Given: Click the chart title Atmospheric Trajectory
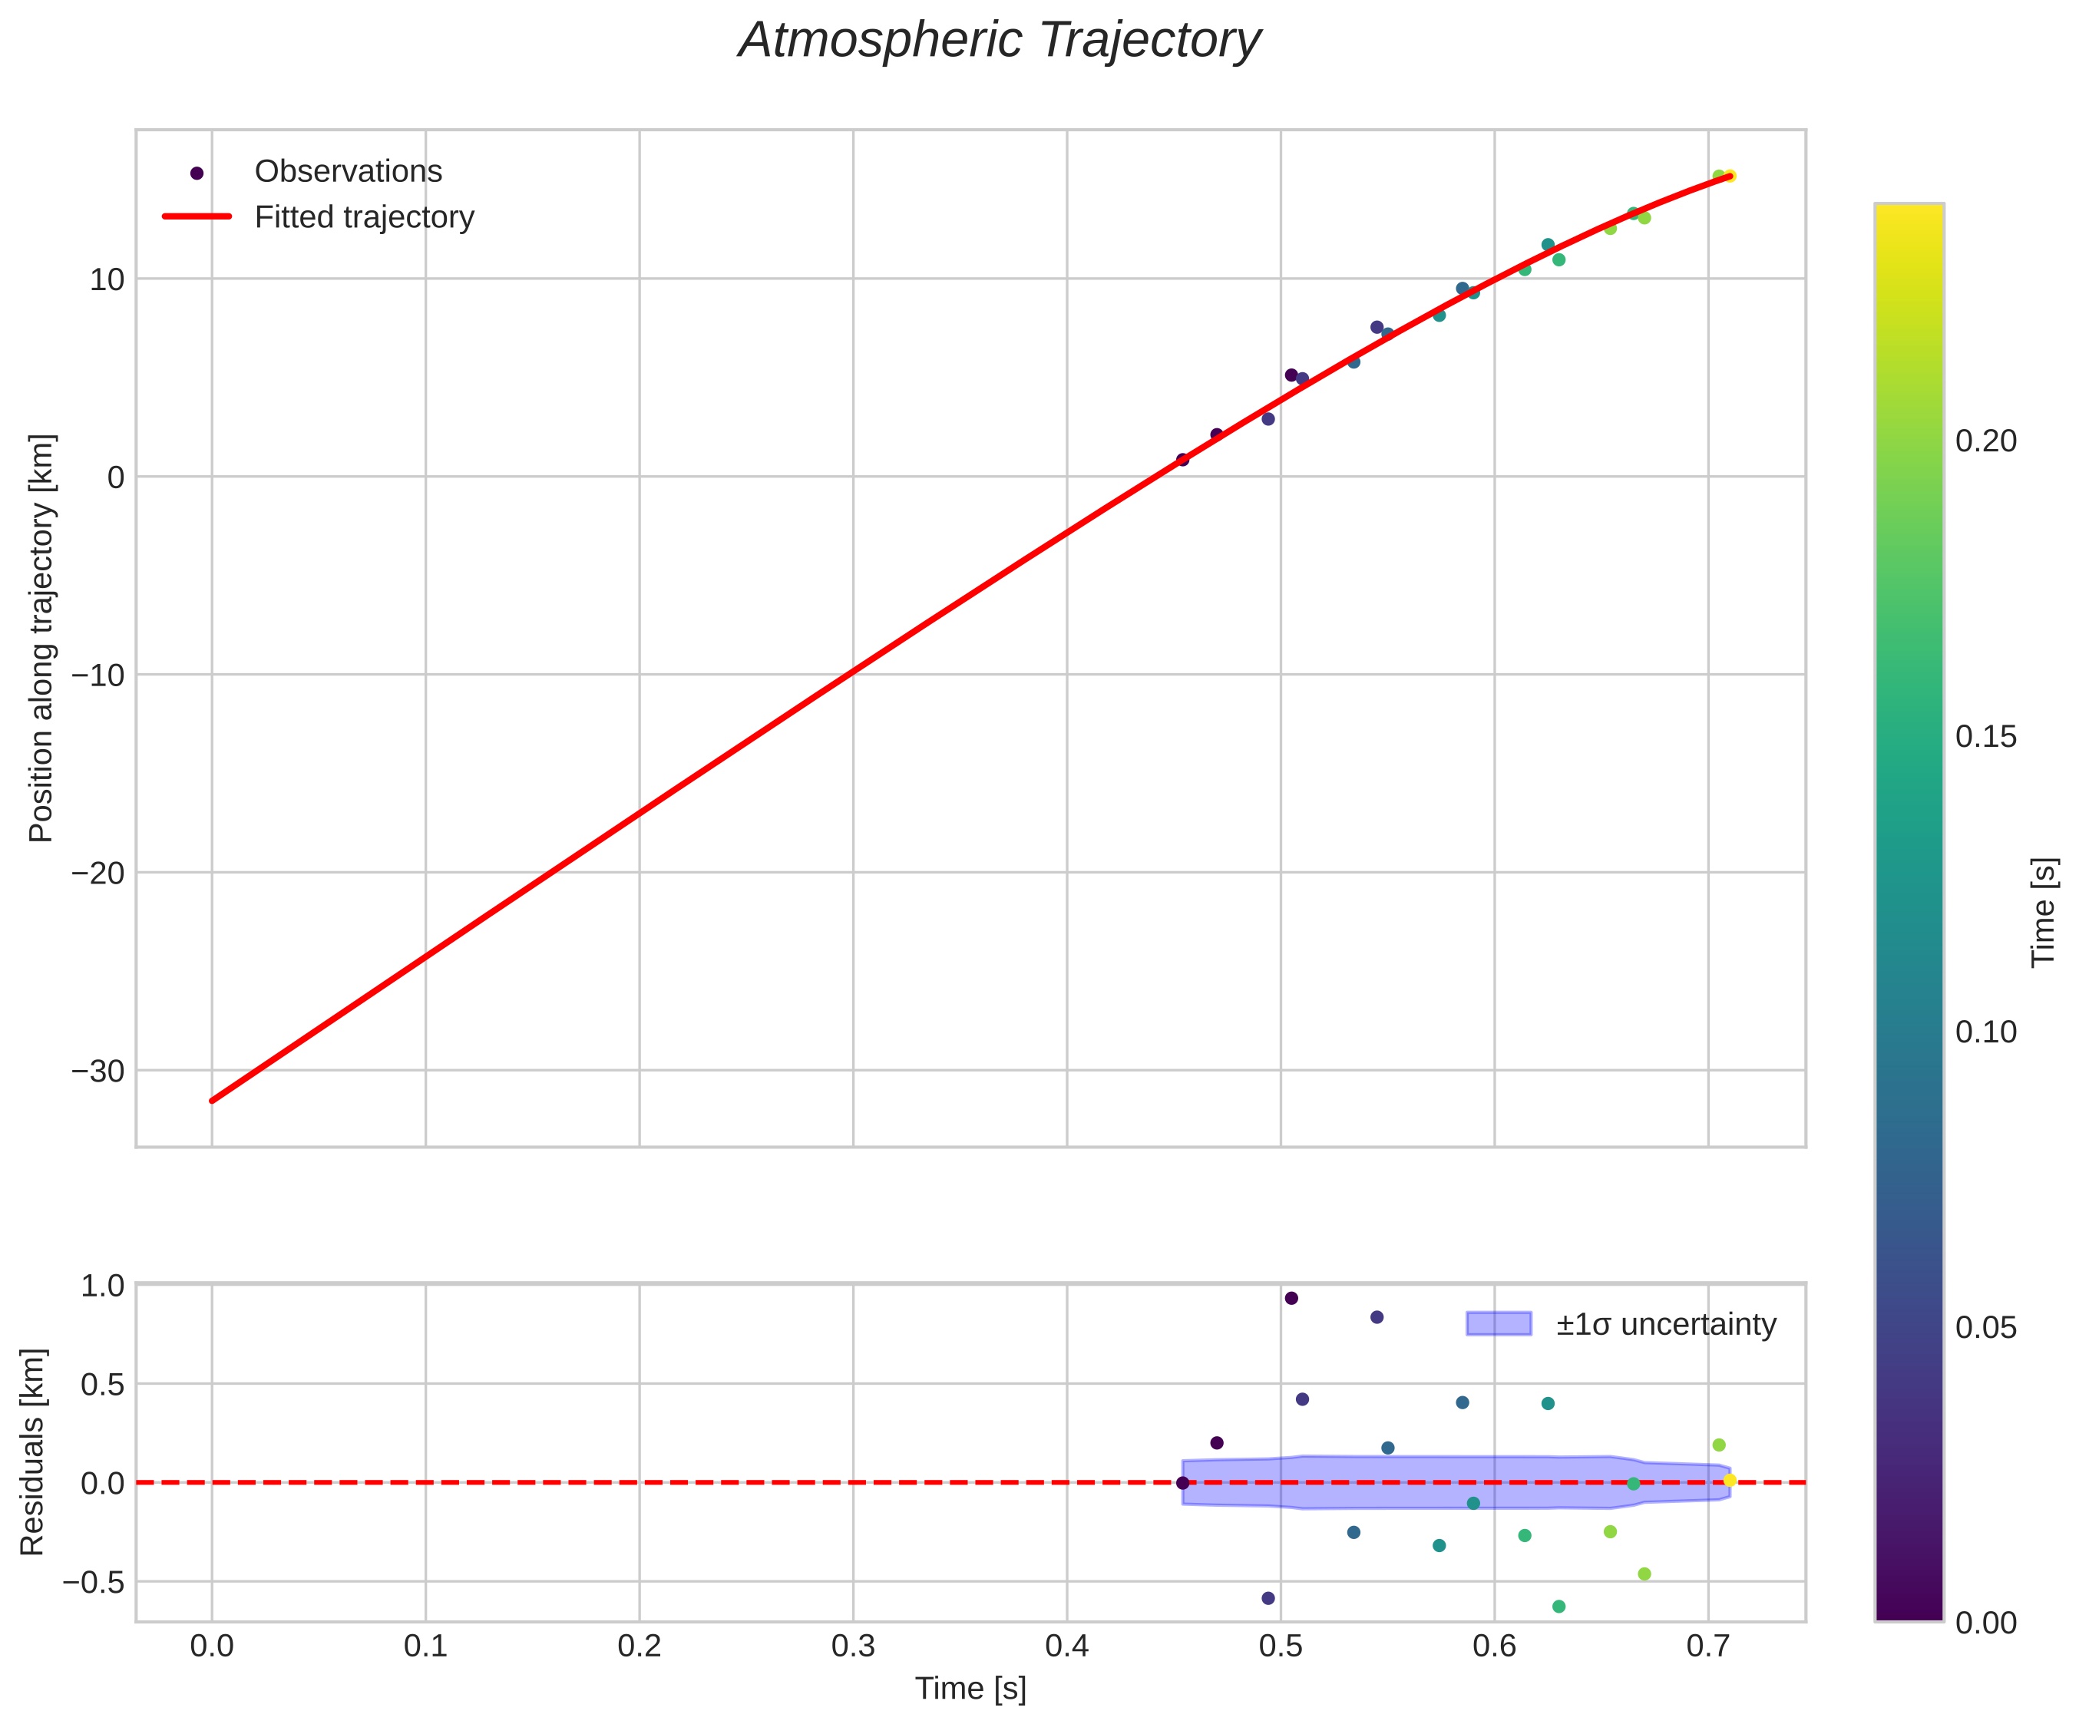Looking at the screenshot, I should [x=999, y=41].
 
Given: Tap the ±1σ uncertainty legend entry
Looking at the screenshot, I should [x=1665, y=1324].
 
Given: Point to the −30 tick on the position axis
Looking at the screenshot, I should [x=98, y=1072].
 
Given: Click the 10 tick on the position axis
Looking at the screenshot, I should [x=107, y=280].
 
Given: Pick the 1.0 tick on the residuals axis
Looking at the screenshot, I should [x=102, y=1286].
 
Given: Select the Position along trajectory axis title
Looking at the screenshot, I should [x=41, y=639].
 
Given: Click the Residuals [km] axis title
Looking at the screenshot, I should [x=33, y=1451].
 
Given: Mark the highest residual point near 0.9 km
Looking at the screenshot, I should [x=1291, y=1299].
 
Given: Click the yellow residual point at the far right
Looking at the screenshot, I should [x=1730, y=1481].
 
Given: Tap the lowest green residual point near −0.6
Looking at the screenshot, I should [x=1558, y=1607].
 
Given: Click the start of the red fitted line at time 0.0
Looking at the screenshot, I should [x=212, y=1101].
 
